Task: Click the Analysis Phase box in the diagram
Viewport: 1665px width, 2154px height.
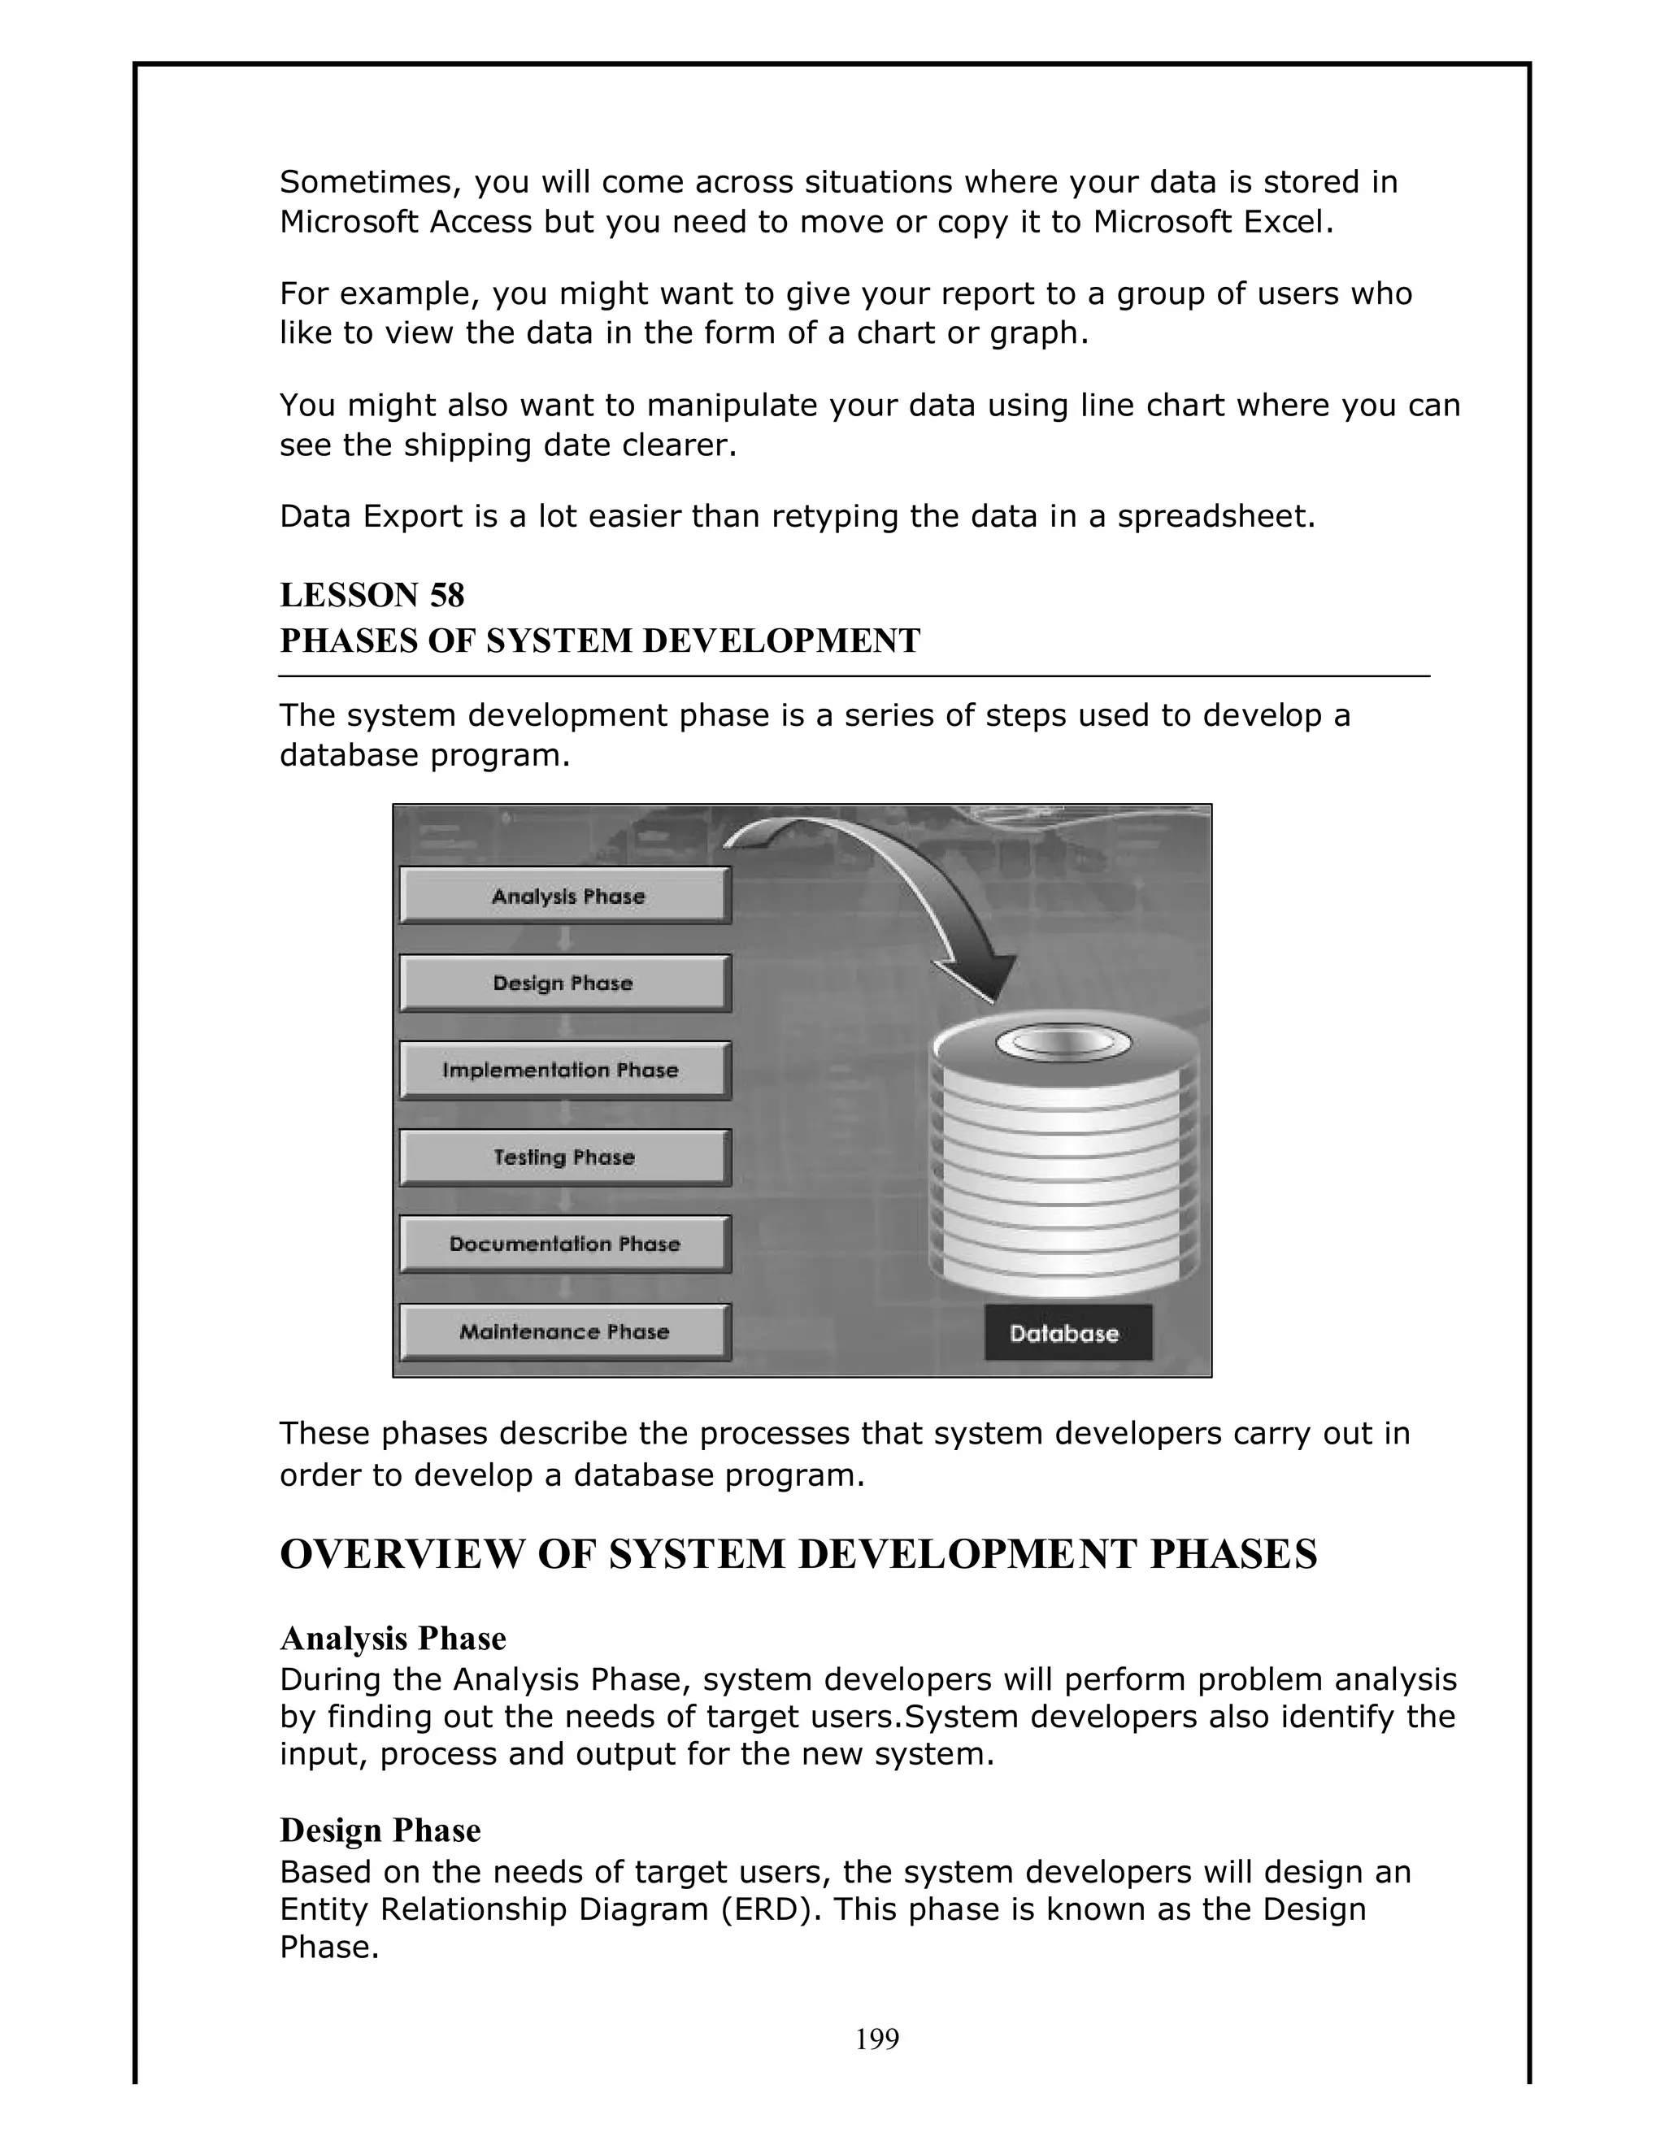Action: [x=565, y=896]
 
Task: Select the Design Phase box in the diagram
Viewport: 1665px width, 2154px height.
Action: [x=565, y=983]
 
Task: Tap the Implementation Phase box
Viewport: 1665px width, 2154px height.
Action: [x=565, y=1070]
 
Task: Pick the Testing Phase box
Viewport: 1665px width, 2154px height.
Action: [x=565, y=1157]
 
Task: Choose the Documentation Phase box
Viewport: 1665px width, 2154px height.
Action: [x=565, y=1244]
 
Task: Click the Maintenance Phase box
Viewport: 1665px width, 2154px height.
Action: [x=565, y=1331]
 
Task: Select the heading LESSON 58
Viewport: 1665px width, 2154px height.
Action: [x=372, y=595]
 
